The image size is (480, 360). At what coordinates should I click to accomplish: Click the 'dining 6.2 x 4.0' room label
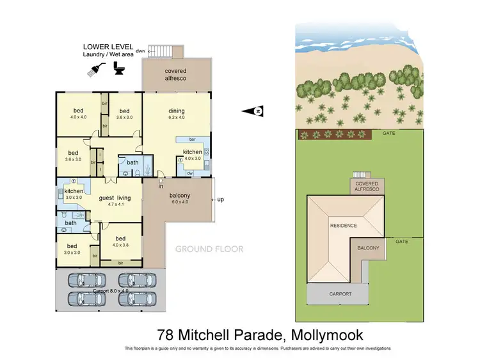click(176, 113)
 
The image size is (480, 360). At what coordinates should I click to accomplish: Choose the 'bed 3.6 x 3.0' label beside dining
click(124, 113)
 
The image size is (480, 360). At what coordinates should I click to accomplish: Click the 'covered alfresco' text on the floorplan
click(175, 74)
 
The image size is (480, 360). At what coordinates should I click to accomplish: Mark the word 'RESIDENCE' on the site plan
click(343, 226)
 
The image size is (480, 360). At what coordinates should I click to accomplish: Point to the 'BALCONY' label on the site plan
click(368, 248)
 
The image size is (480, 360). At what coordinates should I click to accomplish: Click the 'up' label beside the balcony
click(221, 200)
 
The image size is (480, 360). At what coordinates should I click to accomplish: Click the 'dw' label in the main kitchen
click(189, 173)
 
